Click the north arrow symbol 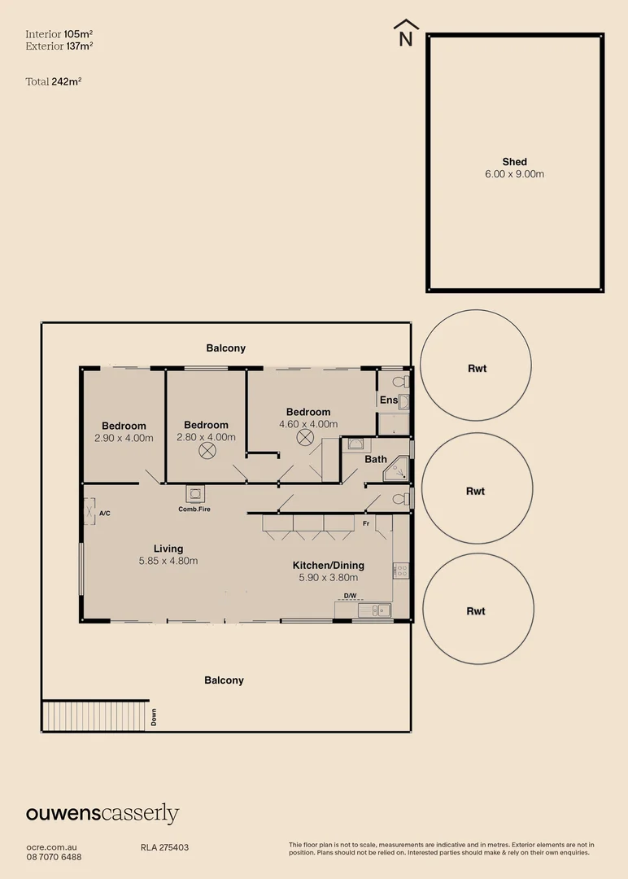tap(404, 33)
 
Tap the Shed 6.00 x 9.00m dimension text tap(515, 174)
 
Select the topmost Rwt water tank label tap(477, 369)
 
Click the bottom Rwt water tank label tap(476, 611)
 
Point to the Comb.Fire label tap(195, 509)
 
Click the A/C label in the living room tap(104, 514)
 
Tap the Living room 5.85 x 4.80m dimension tap(168, 561)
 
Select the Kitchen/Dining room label tap(328, 566)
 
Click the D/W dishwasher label tap(350, 597)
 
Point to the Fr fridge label tap(366, 523)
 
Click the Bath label tap(376, 459)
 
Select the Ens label tap(388, 400)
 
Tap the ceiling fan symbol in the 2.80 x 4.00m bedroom tap(207, 450)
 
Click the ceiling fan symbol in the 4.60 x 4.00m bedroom tap(304, 438)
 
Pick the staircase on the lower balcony tap(95, 715)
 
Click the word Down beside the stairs tap(154, 717)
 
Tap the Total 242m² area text tap(54, 81)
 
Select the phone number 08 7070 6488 tap(54, 856)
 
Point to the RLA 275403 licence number tap(164, 847)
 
